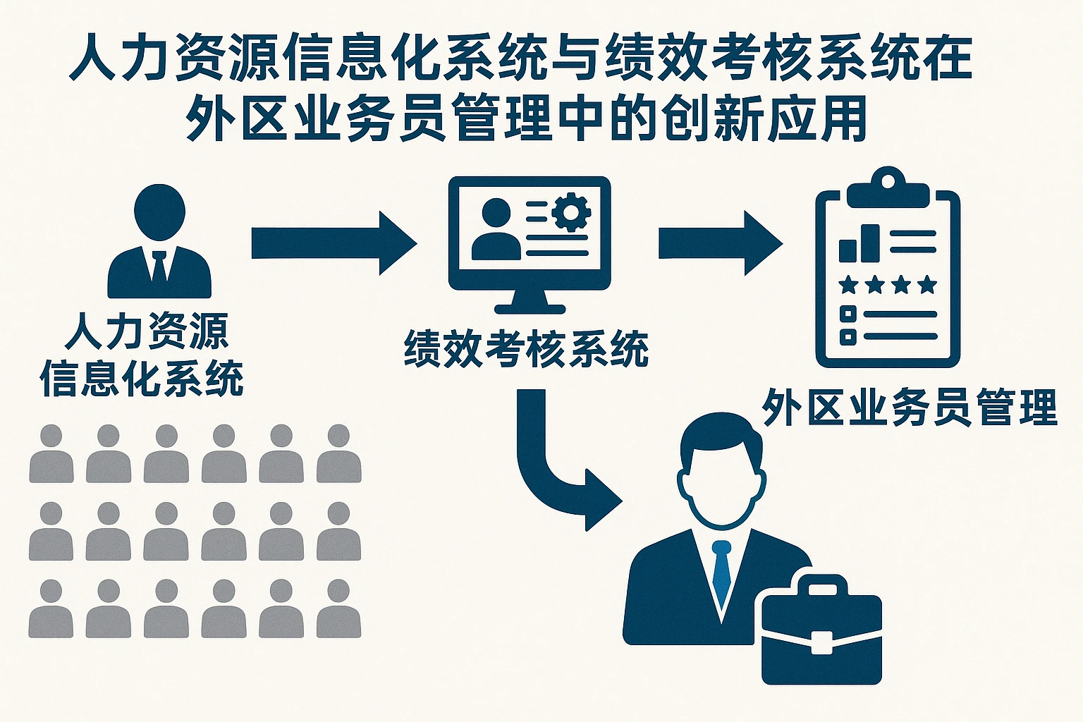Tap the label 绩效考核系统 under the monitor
[526, 348]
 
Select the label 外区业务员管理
[910, 407]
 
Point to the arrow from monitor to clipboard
[719, 243]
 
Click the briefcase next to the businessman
[821, 631]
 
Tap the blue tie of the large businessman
[721, 571]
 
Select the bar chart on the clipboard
[859, 244]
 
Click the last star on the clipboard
[928, 285]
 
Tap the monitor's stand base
[530, 307]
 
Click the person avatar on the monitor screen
[496, 228]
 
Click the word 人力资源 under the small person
[147, 331]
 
